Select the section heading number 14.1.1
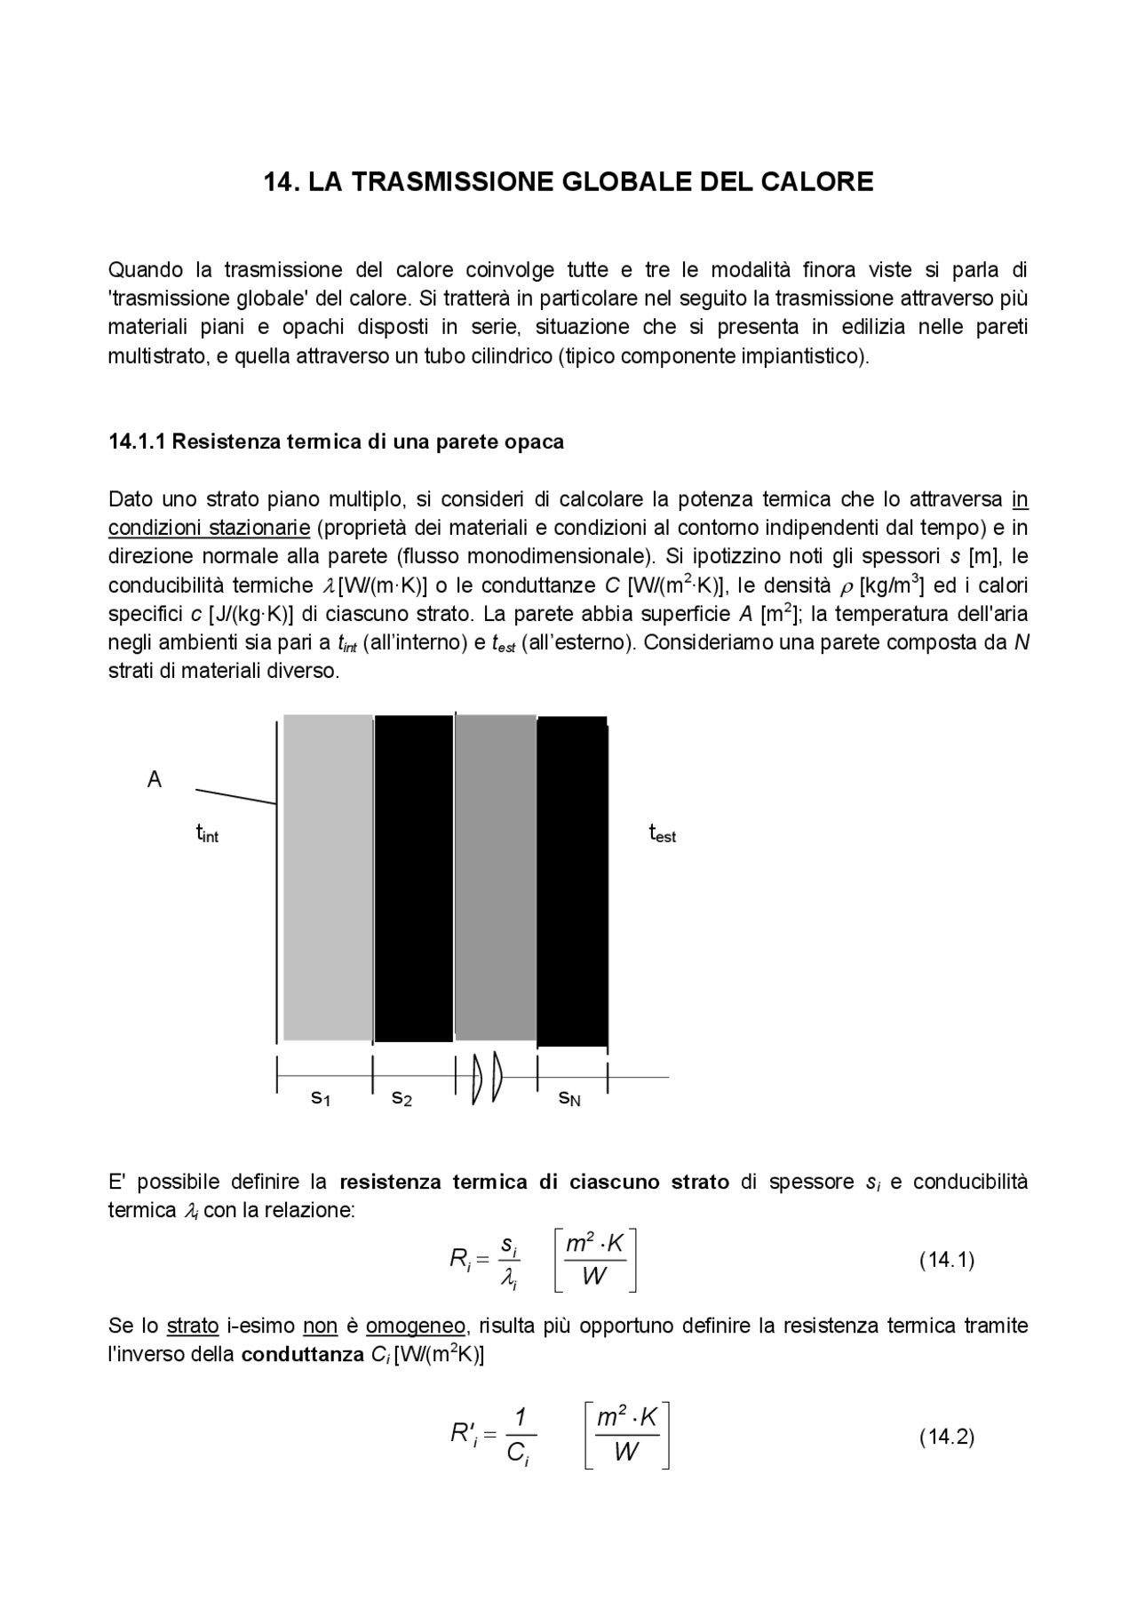pyautogui.click(x=137, y=442)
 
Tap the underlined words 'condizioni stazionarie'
pyautogui.click(x=209, y=528)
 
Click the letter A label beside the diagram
pyautogui.click(x=155, y=780)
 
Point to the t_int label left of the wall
pyautogui.click(x=207, y=834)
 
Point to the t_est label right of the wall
pyautogui.click(x=663, y=834)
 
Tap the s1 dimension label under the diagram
pyautogui.click(x=321, y=1098)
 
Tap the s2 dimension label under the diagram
pyautogui.click(x=402, y=1098)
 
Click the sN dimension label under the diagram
pyautogui.click(x=569, y=1098)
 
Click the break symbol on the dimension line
pyautogui.click(x=487, y=1078)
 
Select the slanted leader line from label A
pyautogui.click(x=235, y=796)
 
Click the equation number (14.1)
pyautogui.click(x=946, y=1260)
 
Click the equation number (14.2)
pyautogui.click(x=946, y=1437)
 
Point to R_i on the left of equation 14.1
pyautogui.click(x=459, y=1259)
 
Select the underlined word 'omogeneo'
pyautogui.click(x=415, y=1326)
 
